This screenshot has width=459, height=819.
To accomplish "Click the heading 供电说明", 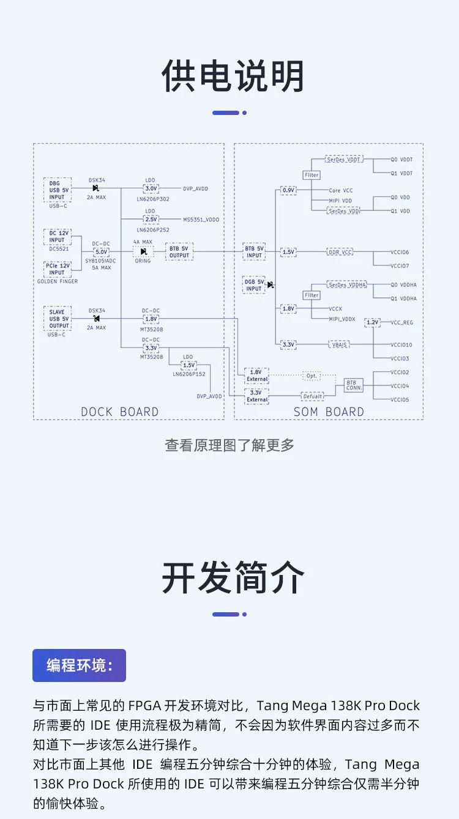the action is click(233, 76).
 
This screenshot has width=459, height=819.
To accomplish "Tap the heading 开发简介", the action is click(233, 577).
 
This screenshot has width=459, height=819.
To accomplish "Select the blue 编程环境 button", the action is click(80, 665).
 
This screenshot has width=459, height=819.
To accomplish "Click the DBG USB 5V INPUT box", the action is click(58, 190).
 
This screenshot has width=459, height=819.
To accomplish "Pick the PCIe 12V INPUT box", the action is click(58, 269).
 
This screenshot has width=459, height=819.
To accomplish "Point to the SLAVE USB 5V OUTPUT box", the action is click(58, 319).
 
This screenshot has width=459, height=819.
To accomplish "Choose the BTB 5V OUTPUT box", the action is click(179, 252).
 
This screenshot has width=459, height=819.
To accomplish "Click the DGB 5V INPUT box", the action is click(254, 285).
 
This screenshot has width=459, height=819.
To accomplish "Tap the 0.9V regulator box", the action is click(289, 190).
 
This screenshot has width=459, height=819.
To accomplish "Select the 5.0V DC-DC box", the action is click(102, 252).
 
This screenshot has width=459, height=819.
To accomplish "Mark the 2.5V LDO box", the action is click(151, 220).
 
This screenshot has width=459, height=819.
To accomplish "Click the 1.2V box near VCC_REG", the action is click(373, 322).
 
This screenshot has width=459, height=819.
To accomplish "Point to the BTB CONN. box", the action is click(354, 385).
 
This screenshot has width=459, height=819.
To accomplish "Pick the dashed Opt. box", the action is click(312, 376).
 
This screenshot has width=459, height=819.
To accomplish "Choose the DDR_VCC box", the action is click(340, 252).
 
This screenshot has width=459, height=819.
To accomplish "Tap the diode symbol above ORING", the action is click(144, 251).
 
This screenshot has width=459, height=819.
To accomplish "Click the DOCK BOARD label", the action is click(119, 412).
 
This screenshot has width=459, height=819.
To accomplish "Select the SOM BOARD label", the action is click(329, 412).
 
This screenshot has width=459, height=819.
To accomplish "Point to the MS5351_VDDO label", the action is click(201, 220).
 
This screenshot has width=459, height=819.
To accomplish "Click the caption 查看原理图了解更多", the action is click(229, 445).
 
